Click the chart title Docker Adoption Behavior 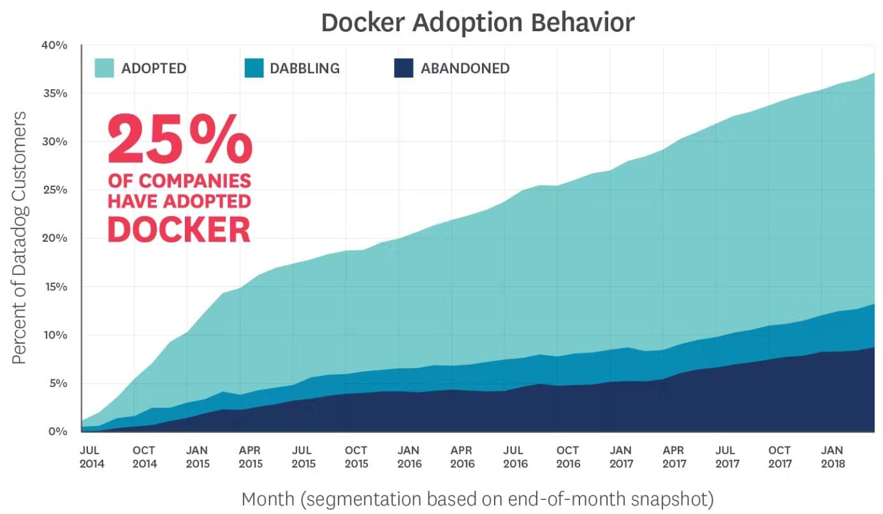[478, 22]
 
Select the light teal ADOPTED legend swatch [104, 68]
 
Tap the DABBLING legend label [305, 68]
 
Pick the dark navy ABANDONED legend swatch [404, 68]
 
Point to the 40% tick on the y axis [54, 45]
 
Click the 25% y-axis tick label [54, 190]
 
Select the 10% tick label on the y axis [54, 335]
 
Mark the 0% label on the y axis [57, 432]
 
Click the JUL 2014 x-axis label [91, 457]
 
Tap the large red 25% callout [180, 139]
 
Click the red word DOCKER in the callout [179, 230]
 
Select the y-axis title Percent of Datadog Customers [20, 238]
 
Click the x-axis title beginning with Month [477, 499]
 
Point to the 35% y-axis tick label [54, 93]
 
